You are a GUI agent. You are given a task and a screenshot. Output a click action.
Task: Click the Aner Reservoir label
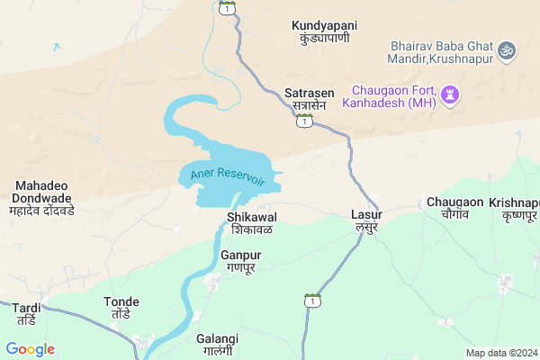(x=228, y=176)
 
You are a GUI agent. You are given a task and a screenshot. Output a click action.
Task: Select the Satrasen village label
(x=309, y=99)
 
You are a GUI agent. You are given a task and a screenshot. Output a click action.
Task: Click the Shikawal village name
(x=251, y=223)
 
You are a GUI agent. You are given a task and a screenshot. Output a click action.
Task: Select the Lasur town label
(x=366, y=220)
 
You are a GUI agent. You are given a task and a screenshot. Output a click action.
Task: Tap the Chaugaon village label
(x=454, y=209)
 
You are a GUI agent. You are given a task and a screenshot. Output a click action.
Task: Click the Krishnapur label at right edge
(x=514, y=210)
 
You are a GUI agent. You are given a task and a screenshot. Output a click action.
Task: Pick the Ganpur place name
(x=240, y=262)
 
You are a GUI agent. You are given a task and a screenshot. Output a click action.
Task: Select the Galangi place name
(x=217, y=344)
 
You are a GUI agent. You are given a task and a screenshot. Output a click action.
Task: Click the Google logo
(x=30, y=349)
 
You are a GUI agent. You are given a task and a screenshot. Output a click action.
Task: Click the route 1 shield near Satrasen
(x=306, y=121)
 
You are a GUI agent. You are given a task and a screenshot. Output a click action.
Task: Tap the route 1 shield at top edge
(x=229, y=7)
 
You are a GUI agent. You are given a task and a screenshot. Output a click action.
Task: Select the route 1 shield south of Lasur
(x=312, y=300)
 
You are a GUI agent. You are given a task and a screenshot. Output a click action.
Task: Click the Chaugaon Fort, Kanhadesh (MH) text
(x=393, y=97)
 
